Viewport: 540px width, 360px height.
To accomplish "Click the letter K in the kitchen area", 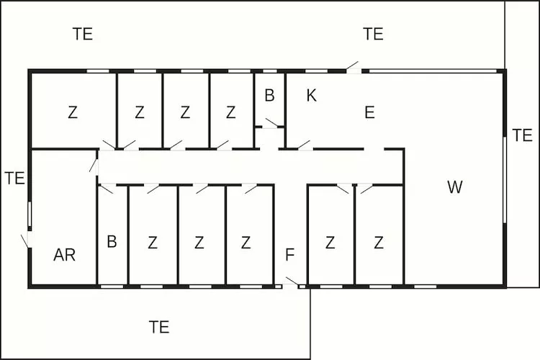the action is click(311, 96).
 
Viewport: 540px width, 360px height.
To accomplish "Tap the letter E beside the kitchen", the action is click(369, 112).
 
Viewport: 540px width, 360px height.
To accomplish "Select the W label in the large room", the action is click(454, 186).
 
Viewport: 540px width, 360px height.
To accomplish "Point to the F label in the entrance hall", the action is click(290, 255).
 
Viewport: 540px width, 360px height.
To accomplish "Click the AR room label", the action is click(64, 255).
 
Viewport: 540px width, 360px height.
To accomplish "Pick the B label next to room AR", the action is click(112, 241).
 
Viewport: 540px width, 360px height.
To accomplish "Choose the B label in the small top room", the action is click(270, 96).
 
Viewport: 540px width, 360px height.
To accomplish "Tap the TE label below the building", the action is click(159, 327).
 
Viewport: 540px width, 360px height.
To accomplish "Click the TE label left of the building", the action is click(15, 178).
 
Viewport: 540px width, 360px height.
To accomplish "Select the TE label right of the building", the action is click(523, 135).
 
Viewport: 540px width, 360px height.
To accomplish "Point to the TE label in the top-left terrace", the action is click(83, 34).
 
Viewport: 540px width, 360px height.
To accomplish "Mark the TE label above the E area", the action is click(373, 34).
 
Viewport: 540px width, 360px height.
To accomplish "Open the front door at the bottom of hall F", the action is click(291, 282).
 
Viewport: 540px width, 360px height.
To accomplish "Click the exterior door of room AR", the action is click(27, 240).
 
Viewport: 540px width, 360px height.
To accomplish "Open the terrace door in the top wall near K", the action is click(354, 68).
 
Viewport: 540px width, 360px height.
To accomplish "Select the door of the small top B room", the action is click(272, 123).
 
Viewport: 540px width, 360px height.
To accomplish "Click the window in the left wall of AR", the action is click(30, 214).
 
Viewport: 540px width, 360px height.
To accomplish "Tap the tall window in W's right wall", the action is click(505, 180).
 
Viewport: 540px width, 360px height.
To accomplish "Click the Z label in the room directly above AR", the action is click(73, 112).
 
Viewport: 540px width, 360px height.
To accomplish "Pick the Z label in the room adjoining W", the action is click(379, 243).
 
